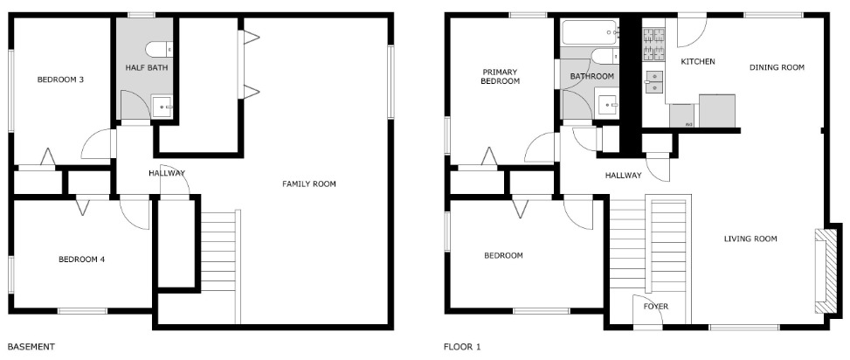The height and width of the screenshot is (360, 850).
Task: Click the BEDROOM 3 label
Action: (x=60, y=80)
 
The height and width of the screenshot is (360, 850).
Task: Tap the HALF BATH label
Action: (x=147, y=68)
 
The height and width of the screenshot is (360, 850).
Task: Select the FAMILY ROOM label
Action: (x=309, y=183)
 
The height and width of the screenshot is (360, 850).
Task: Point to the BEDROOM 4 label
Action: (x=82, y=260)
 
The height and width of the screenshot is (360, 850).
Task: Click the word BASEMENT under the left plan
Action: (x=31, y=346)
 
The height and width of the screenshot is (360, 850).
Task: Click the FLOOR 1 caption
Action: (x=462, y=346)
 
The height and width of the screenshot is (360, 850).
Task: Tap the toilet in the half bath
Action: (x=159, y=49)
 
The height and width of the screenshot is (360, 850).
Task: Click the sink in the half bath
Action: (x=162, y=107)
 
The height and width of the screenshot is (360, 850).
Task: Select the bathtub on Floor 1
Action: (x=591, y=32)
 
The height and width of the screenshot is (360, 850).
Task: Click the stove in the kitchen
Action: (x=653, y=45)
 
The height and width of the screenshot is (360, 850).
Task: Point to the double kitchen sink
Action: (x=655, y=82)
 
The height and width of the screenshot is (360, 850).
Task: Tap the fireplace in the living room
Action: (x=827, y=271)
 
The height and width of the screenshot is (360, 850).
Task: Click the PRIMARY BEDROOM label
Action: (x=500, y=76)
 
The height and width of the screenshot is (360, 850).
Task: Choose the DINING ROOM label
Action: (x=777, y=67)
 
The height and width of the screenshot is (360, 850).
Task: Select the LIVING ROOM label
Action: (x=750, y=239)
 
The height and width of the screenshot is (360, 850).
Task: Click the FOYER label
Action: (x=655, y=307)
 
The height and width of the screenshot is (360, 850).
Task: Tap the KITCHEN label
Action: (x=698, y=61)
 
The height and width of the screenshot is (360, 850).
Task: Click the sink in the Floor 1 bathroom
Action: (x=608, y=105)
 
